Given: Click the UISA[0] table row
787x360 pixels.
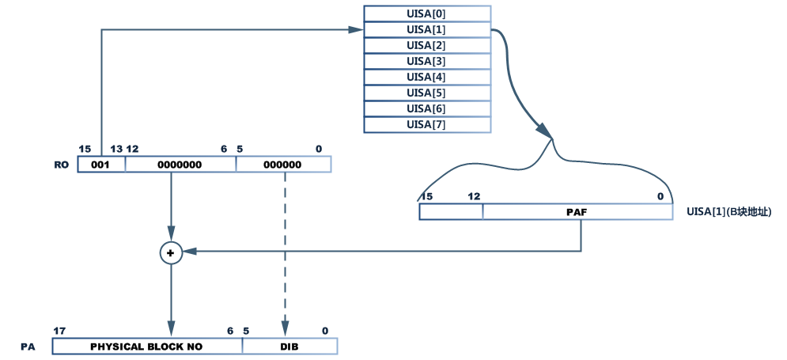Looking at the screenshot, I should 426,13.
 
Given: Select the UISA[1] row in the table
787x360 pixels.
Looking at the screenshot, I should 426,29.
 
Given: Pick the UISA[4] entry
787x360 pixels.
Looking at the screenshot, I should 426,77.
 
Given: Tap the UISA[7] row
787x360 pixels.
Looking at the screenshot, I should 426,124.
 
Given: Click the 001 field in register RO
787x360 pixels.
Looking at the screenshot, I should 101,165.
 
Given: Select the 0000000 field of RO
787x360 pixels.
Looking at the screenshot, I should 180,165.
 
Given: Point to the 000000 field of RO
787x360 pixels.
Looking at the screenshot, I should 283,165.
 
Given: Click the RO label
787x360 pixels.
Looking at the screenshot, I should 61,165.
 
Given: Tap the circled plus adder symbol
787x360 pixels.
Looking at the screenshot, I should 170,252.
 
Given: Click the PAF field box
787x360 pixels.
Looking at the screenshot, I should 577,211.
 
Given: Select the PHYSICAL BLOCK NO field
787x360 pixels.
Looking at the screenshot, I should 147,347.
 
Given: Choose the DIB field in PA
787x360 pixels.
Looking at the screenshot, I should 289,347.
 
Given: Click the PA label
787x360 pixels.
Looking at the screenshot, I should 28,347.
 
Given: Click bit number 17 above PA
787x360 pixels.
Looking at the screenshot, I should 59,331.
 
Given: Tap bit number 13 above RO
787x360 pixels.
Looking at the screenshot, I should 116,149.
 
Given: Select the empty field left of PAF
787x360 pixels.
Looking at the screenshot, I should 451,211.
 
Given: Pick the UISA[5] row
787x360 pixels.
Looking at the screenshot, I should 426,93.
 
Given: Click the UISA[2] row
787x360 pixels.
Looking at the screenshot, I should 426,45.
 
